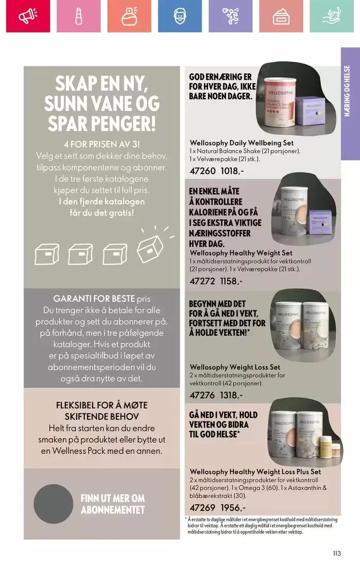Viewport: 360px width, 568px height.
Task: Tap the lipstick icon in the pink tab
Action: coord(78,16)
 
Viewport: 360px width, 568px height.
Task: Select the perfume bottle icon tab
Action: coord(129,16)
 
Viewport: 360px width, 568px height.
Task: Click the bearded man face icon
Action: coord(179,16)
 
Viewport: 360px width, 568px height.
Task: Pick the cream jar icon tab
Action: coord(281,16)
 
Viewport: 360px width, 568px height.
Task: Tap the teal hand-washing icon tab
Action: coord(332,16)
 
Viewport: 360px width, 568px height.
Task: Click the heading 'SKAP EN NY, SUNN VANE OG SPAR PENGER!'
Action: coord(102,105)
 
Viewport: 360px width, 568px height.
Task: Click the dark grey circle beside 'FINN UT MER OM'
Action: coord(54,504)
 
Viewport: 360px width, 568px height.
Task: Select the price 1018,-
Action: coord(232,171)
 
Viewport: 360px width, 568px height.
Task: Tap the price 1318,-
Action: coord(232,395)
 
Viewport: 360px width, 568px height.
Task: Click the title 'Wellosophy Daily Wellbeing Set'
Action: coord(242,142)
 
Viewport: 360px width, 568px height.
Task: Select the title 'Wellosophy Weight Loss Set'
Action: coord(235,367)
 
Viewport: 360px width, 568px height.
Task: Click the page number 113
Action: coord(337,554)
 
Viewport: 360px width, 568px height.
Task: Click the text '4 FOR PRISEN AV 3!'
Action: coord(102,144)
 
